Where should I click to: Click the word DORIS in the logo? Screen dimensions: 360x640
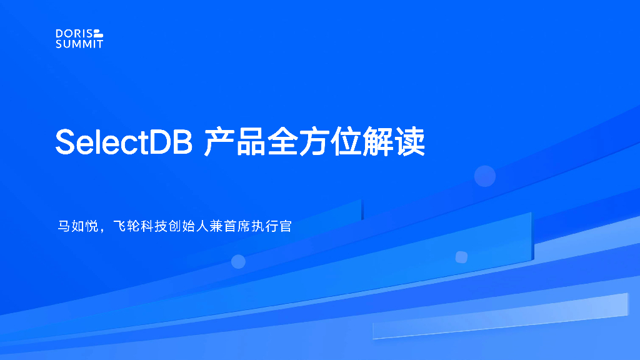tap(73, 33)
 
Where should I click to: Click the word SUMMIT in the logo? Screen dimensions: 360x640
tap(79, 44)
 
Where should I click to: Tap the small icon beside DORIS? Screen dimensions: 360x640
tap(98, 33)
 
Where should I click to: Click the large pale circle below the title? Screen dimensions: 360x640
tap(484, 176)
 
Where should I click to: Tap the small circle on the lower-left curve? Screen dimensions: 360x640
tap(238, 261)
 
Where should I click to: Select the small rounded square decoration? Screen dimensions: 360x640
tap(461, 257)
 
